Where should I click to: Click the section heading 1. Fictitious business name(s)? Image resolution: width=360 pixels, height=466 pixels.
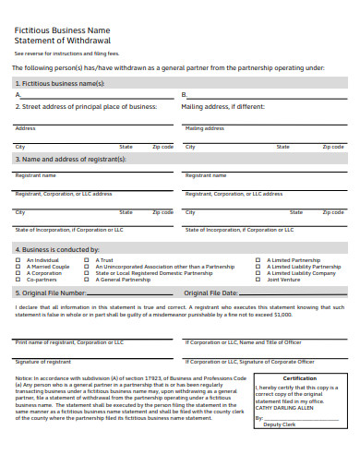[60, 83]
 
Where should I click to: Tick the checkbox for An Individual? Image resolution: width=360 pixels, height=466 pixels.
[18, 260]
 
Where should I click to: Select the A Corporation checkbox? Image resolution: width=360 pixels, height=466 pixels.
[18, 273]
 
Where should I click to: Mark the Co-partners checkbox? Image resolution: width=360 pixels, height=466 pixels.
[18, 280]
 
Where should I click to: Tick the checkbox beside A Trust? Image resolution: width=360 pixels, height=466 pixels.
[88, 260]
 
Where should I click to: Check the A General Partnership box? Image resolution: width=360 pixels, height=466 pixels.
[88, 280]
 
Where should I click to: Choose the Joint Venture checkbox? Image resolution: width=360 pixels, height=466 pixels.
[258, 280]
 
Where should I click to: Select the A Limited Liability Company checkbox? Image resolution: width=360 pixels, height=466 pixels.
[258, 273]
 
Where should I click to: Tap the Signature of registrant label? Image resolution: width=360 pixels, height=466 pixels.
[43, 362]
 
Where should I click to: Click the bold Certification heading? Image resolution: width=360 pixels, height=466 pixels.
[299, 378]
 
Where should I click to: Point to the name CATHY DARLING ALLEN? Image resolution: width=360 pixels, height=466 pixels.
[285, 407]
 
